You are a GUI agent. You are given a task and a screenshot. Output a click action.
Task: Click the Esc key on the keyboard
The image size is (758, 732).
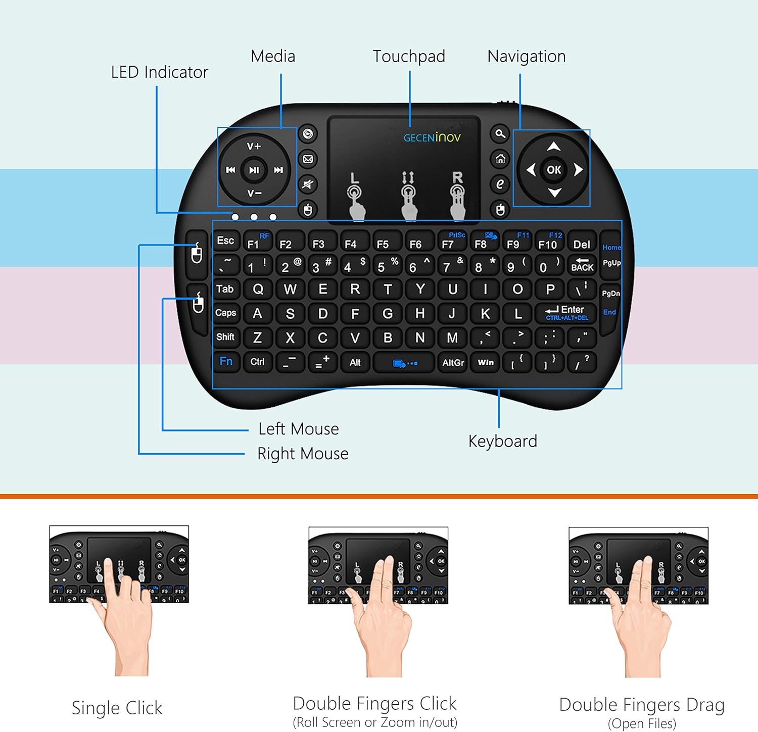coord(225,241)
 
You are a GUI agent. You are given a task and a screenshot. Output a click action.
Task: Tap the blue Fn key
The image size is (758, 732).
coord(226,362)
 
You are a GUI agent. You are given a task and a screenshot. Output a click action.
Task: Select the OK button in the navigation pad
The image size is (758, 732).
coord(554,170)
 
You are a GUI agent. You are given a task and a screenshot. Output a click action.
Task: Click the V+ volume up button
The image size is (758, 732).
coord(254,147)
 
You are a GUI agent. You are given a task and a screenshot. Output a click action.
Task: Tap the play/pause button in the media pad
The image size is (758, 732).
coord(254,170)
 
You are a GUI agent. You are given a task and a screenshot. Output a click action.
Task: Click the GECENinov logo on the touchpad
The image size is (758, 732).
coord(432,137)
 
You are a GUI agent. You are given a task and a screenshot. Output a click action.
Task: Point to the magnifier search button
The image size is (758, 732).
coord(500,134)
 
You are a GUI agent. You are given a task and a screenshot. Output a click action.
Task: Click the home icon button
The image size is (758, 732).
coord(500,159)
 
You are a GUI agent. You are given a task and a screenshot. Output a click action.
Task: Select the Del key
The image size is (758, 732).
coord(582,245)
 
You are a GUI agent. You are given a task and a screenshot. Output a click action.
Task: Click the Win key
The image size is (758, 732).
coord(486,362)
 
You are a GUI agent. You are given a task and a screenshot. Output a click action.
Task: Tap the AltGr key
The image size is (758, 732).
coord(453,362)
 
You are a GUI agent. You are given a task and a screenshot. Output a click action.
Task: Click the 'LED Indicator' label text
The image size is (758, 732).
coord(159,72)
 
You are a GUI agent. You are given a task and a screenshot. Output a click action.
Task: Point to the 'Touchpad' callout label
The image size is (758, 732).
coord(409,56)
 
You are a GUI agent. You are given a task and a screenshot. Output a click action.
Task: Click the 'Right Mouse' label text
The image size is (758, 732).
coord(303,454)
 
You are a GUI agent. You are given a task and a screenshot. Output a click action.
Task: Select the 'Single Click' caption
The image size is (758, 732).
coord(117,708)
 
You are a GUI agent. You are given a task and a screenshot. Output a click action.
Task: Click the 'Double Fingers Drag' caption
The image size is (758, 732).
coord(642,705)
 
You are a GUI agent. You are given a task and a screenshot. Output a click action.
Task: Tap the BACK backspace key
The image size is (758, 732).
coord(582,265)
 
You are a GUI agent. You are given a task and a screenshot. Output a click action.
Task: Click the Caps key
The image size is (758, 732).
coord(225,313)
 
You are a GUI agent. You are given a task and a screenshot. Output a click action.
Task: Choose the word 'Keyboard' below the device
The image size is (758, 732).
coord(502,441)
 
